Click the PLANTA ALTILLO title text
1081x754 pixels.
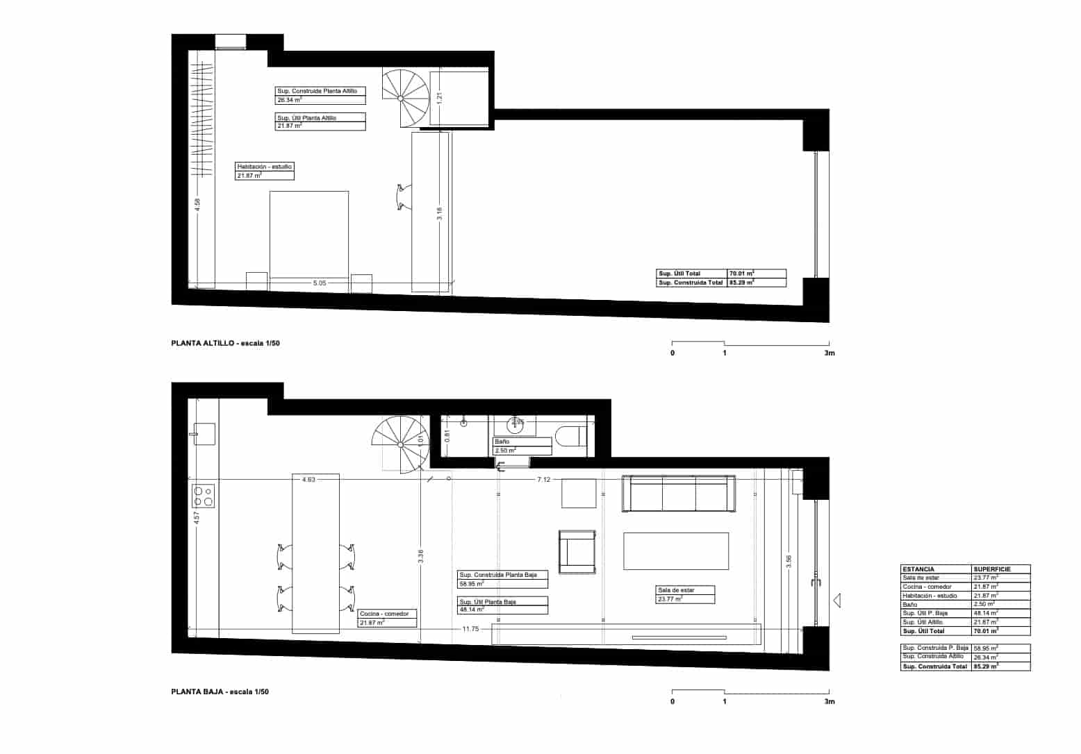pyautogui.click(x=225, y=344)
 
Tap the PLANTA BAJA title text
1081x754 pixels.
pyautogui.click(x=220, y=692)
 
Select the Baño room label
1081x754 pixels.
pyautogui.click(x=502, y=442)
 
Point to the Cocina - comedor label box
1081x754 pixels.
pyautogui.click(x=387, y=618)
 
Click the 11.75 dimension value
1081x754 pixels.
pyautogui.click(x=470, y=629)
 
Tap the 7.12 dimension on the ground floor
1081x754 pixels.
pyautogui.click(x=544, y=480)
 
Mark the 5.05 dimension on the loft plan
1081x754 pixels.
pyautogui.click(x=320, y=283)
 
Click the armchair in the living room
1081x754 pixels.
pyautogui.click(x=577, y=552)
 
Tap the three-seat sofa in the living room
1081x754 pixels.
pyautogui.click(x=678, y=494)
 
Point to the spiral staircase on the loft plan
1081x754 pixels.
pyautogui.click(x=405, y=98)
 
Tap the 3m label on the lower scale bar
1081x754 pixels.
pyautogui.click(x=829, y=702)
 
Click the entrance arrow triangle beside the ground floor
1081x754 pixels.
pyautogui.click(x=837, y=600)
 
